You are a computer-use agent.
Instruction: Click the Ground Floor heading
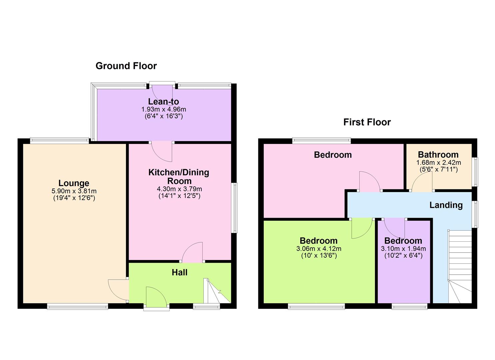[x=126, y=66]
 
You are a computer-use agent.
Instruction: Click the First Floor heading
[x=367, y=122]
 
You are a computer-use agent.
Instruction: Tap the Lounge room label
[x=74, y=183]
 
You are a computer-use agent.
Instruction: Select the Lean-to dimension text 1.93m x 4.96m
[x=164, y=109]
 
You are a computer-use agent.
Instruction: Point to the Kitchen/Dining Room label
[x=179, y=177]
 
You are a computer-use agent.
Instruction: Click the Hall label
[x=179, y=272]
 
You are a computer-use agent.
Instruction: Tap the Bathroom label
[x=438, y=155]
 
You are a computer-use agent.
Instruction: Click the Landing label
[x=446, y=205]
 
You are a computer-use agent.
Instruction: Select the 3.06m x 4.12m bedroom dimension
[x=318, y=249]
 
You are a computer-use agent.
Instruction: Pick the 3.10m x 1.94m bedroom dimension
[x=403, y=249]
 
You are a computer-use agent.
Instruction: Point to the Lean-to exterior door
[x=162, y=93]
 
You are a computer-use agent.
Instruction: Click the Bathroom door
[x=422, y=183]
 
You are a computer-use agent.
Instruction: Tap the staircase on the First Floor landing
[x=460, y=267]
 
